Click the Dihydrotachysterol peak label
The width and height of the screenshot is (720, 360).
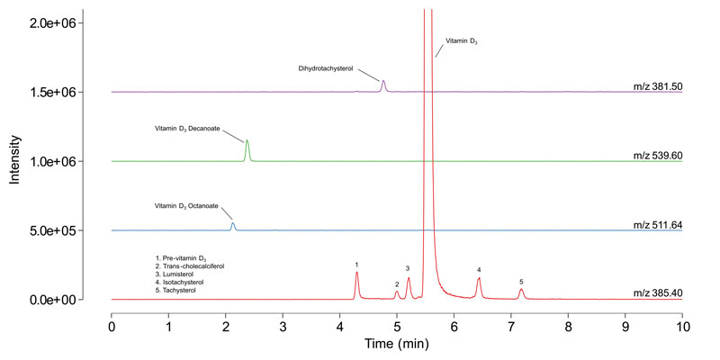click(x=325, y=68)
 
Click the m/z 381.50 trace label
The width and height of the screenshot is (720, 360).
click(x=657, y=86)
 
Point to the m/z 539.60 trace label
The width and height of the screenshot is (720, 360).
click(x=657, y=156)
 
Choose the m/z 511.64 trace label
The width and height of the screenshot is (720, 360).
click(x=657, y=225)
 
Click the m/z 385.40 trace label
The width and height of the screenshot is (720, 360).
click(x=657, y=293)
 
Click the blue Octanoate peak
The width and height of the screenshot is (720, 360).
click(x=233, y=226)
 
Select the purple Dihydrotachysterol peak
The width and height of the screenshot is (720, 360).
click(x=383, y=85)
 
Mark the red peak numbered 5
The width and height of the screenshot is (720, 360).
click(x=521, y=292)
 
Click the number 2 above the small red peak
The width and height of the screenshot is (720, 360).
click(x=397, y=284)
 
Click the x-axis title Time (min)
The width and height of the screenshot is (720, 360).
click(x=397, y=344)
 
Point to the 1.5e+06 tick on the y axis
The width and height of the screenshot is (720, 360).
click(x=53, y=92)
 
